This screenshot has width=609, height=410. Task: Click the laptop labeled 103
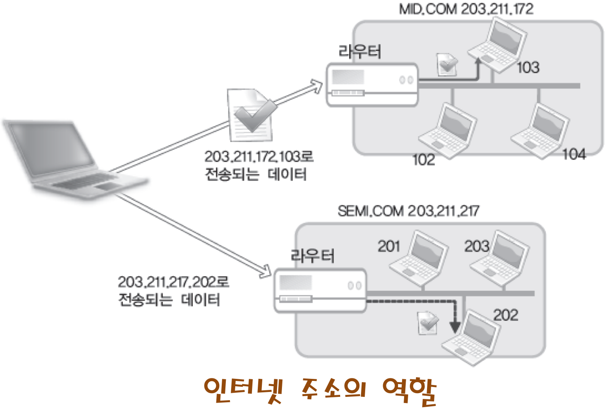pos(497,45)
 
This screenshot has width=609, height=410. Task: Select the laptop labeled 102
pos(448,131)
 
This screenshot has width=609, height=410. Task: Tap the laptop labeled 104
pos(541,131)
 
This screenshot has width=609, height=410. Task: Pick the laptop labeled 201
pos(418,259)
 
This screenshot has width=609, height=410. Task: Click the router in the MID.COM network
pos(372,85)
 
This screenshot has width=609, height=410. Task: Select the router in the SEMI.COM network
pos(320,290)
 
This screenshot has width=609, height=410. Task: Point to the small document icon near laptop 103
pos(447,64)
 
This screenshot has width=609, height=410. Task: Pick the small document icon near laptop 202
pos(427,323)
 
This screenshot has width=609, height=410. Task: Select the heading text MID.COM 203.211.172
pos(466,9)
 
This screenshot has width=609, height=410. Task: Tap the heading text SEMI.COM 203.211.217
pos(408,211)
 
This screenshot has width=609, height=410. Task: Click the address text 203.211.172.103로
pos(259,157)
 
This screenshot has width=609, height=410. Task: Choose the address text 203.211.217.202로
pos(173,282)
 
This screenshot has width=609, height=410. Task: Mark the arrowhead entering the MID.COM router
pos(317,86)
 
